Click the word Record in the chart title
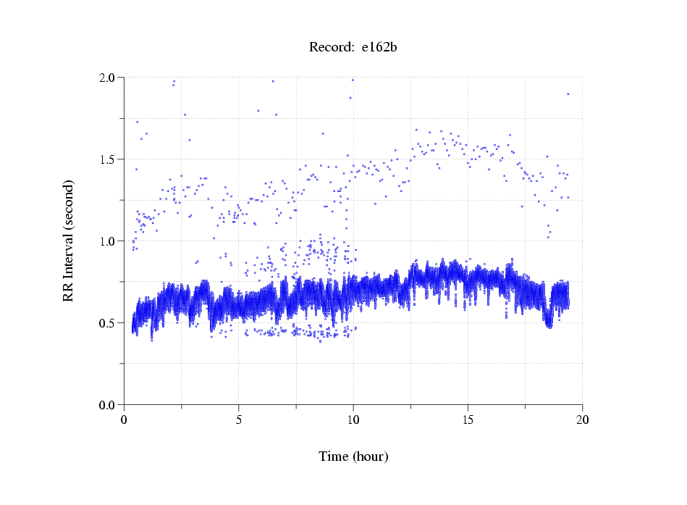(331, 48)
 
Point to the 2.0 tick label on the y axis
(109, 78)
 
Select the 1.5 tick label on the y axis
(109, 159)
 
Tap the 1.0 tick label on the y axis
(109, 241)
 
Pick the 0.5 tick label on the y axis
(109, 323)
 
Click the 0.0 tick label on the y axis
(109, 405)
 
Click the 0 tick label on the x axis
(125, 420)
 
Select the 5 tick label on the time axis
(239, 420)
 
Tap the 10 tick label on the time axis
(353, 420)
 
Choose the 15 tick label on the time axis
(468, 420)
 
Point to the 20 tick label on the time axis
(582, 420)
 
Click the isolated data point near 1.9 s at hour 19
(568, 93)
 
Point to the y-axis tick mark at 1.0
(122, 241)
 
